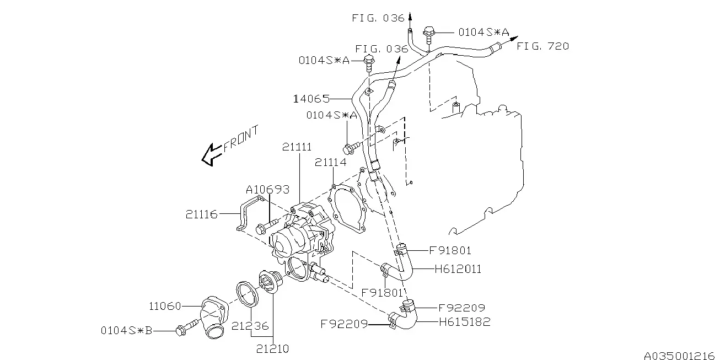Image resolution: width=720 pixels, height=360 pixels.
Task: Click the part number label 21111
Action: [297, 147]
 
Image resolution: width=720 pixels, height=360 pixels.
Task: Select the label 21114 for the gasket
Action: [330, 162]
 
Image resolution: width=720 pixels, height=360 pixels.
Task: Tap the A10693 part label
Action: [268, 190]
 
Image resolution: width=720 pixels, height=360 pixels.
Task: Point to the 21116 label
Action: [202, 214]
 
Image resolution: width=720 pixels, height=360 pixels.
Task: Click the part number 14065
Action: [312, 99]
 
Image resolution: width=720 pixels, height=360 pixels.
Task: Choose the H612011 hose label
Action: [458, 269]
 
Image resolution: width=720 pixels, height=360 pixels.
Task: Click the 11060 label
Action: [165, 306]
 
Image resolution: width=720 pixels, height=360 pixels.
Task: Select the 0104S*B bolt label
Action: [126, 330]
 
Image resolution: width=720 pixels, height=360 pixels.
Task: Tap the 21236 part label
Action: [250, 326]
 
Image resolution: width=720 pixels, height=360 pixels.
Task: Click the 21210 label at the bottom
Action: [272, 349]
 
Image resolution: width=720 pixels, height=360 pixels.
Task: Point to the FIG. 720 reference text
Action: [543, 46]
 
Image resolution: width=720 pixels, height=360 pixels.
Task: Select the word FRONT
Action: [241, 138]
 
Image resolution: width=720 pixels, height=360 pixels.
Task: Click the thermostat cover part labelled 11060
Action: [214, 317]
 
